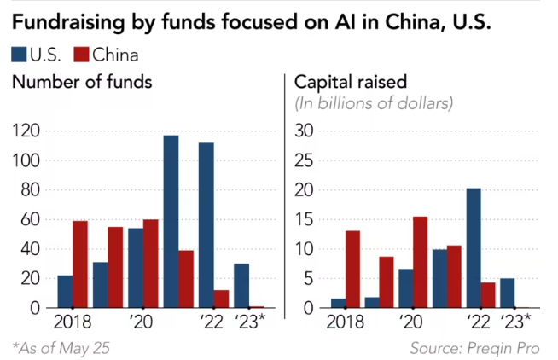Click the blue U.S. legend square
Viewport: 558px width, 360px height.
[x=18, y=55]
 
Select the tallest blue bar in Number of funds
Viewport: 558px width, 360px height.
[x=171, y=221]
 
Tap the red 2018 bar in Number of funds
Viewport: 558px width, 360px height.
[x=81, y=264]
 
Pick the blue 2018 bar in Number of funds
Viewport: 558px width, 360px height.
[x=65, y=291]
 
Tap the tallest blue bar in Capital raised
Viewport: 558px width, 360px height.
[x=473, y=247]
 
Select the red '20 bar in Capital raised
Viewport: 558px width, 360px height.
[x=420, y=262]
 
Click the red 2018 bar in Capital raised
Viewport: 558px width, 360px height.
[x=352, y=269]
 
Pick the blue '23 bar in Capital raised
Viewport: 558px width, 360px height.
[x=506, y=293]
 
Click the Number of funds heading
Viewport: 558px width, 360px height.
[x=82, y=83]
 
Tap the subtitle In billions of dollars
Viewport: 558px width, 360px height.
[x=374, y=103]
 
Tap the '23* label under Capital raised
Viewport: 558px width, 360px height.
[x=514, y=322]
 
